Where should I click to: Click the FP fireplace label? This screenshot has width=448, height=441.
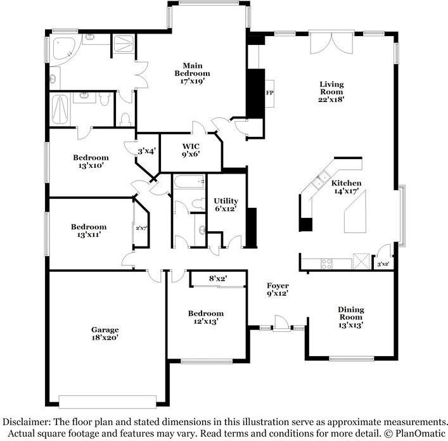coord(269,93)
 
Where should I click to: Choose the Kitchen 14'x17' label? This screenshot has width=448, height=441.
coord(347,187)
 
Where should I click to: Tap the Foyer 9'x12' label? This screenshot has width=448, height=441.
coord(278,290)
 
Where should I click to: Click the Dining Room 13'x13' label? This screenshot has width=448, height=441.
coord(350,317)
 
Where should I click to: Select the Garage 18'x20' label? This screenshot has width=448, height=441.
coord(105,333)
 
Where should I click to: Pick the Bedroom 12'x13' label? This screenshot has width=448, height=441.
coord(205,317)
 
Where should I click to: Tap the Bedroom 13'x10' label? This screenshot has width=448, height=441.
coord(91,162)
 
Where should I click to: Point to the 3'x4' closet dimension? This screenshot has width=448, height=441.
coord(147,151)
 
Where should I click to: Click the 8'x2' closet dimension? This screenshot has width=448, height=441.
coord(219,278)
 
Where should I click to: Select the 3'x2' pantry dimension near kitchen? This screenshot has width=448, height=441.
coord(383,264)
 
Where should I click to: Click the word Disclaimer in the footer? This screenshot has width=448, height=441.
coord(25,422)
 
